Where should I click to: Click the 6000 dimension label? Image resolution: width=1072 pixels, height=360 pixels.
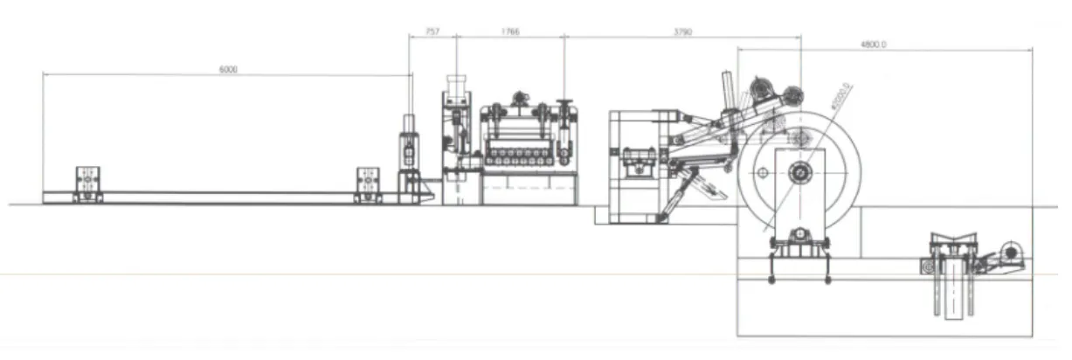click(x=228, y=70)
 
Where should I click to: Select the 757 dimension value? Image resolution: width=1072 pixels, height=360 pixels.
click(x=432, y=31)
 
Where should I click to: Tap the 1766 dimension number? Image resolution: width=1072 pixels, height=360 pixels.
click(x=510, y=31)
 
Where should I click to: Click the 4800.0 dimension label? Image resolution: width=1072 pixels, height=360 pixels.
click(x=873, y=44)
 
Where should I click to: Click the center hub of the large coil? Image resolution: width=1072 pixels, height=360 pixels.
click(x=799, y=174)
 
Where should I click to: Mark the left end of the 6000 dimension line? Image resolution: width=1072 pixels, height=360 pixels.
click(x=44, y=75)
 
